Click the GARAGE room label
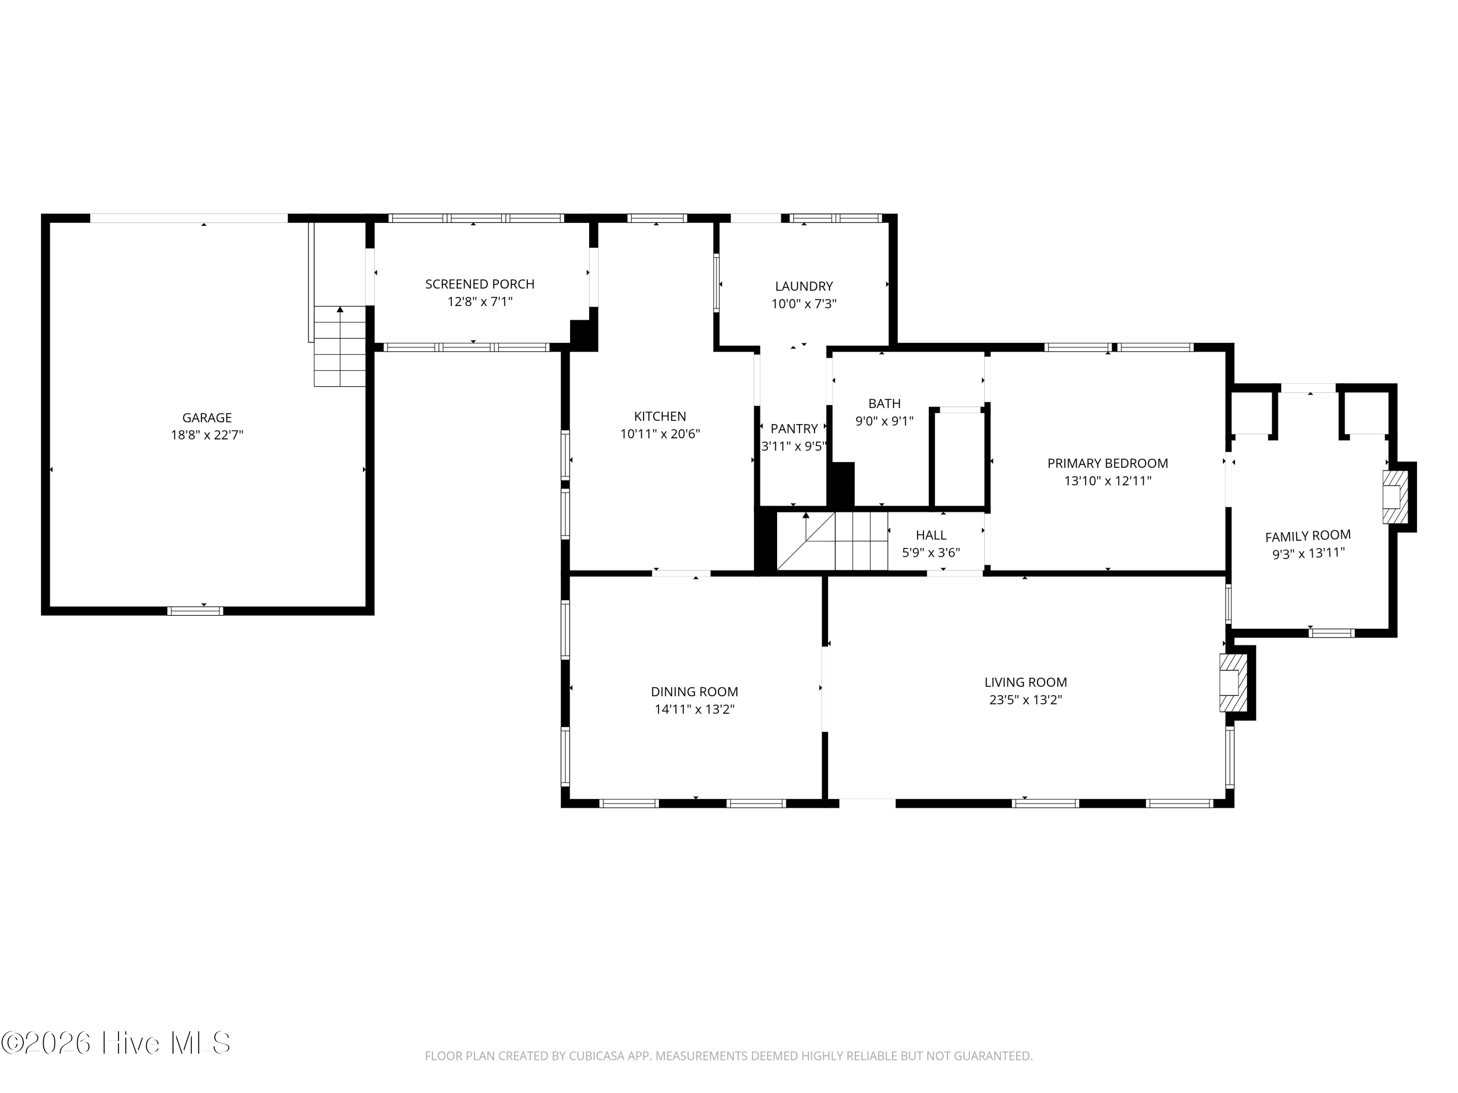click(207, 418)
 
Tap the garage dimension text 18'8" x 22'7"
click(207, 435)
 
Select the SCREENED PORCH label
click(480, 284)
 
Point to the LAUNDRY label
click(803, 286)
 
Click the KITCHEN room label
click(660, 416)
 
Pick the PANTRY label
click(794, 429)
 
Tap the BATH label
click(885, 403)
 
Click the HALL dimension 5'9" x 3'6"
click(931, 553)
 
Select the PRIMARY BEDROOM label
click(1107, 463)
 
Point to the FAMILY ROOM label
click(1308, 536)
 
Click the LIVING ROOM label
click(1025, 683)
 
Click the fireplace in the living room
click(1233, 683)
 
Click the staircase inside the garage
click(339, 346)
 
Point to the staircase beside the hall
click(832, 541)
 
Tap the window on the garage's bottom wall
click(195, 611)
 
